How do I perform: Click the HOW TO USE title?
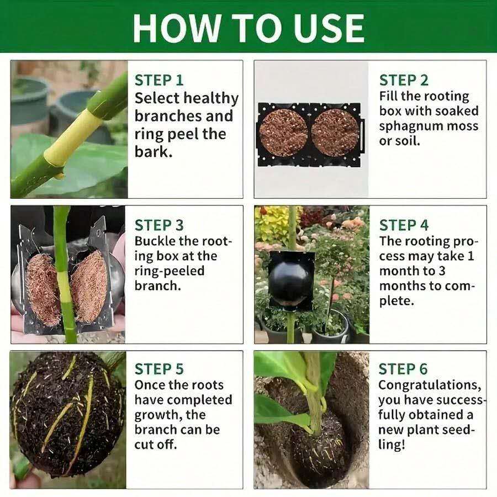248,27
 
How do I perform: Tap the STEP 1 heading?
159,80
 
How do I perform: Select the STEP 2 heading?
404,80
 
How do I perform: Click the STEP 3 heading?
159,225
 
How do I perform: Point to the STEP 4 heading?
404,225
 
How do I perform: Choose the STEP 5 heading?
159,369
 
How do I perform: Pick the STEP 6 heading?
404,369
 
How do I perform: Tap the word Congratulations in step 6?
429,385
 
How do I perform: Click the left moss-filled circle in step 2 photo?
283,132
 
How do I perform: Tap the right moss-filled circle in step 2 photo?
335,132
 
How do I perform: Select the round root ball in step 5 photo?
66,414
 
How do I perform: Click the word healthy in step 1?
210,98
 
